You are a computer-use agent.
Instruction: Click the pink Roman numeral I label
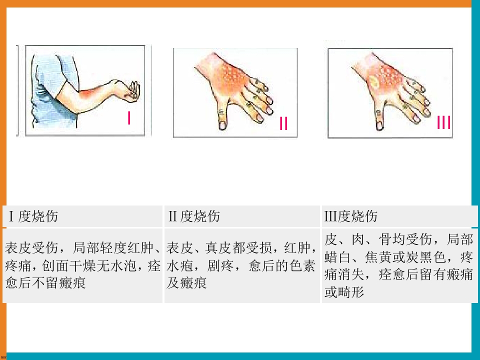click(129, 118)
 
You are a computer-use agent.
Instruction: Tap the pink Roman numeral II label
click(284, 123)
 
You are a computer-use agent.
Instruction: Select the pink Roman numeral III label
click(444, 122)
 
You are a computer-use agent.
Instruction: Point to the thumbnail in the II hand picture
click(222, 125)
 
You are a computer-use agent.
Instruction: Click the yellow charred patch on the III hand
click(374, 81)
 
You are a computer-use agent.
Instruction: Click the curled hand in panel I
click(132, 91)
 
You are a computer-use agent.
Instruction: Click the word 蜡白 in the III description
click(337, 257)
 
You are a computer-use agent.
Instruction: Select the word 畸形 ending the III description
click(351, 292)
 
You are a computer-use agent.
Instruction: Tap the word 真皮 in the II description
click(218, 248)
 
